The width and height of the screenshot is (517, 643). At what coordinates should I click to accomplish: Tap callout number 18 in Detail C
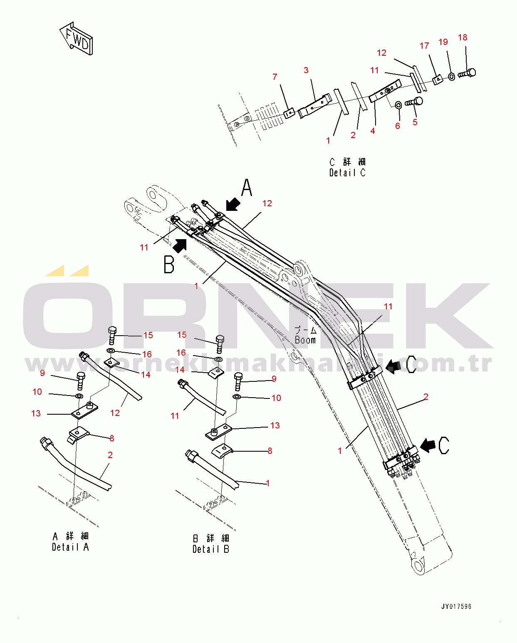pyautogui.click(x=463, y=37)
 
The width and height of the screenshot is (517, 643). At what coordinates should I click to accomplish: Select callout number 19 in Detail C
pyautogui.click(x=443, y=42)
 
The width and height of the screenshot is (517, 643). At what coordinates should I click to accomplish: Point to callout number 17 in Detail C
pyautogui.click(x=424, y=46)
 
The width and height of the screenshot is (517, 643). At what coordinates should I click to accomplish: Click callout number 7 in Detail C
pyautogui.click(x=275, y=77)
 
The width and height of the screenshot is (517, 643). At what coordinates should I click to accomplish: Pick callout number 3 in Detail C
pyautogui.click(x=306, y=70)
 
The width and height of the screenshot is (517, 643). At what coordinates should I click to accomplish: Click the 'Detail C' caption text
pyautogui.click(x=347, y=172)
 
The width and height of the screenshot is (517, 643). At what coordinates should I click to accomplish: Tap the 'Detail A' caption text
pyautogui.click(x=70, y=547)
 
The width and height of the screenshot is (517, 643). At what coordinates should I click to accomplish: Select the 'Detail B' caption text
pyautogui.click(x=210, y=549)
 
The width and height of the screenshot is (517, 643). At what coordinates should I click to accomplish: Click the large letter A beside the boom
pyautogui.click(x=247, y=188)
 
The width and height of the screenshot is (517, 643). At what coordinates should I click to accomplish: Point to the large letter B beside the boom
pyautogui.click(x=169, y=264)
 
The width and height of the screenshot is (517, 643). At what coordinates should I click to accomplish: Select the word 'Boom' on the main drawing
pyautogui.click(x=305, y=340)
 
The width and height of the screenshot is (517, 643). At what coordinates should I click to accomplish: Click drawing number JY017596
pyautogui.click(x=456, y=606)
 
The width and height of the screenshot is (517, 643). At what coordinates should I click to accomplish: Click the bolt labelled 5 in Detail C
pyautogui.click(x=414, y=101)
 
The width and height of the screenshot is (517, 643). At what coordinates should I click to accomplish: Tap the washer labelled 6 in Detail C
pyautogui.click(x=398, y=104)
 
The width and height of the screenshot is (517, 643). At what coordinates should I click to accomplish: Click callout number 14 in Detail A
pyautogui.click(x=146, y=374)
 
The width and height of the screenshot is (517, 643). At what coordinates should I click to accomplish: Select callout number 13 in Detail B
pyautogui.click(x=275, y=425)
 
